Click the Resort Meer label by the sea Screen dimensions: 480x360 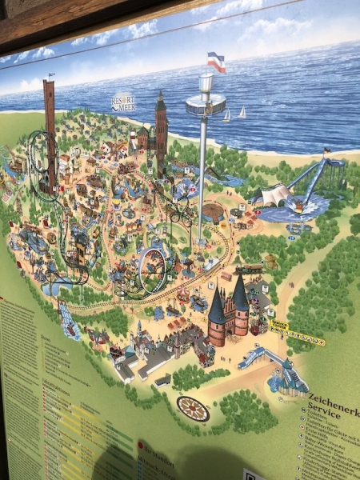click(124, 102)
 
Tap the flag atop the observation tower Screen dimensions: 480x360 click(216, 62)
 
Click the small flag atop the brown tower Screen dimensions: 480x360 click(50, 76)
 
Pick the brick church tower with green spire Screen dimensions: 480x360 click(161, 132)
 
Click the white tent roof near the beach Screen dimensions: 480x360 click(272, 194)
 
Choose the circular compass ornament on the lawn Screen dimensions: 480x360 click(193, 409)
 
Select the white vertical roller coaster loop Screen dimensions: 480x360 click(152, 271)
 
